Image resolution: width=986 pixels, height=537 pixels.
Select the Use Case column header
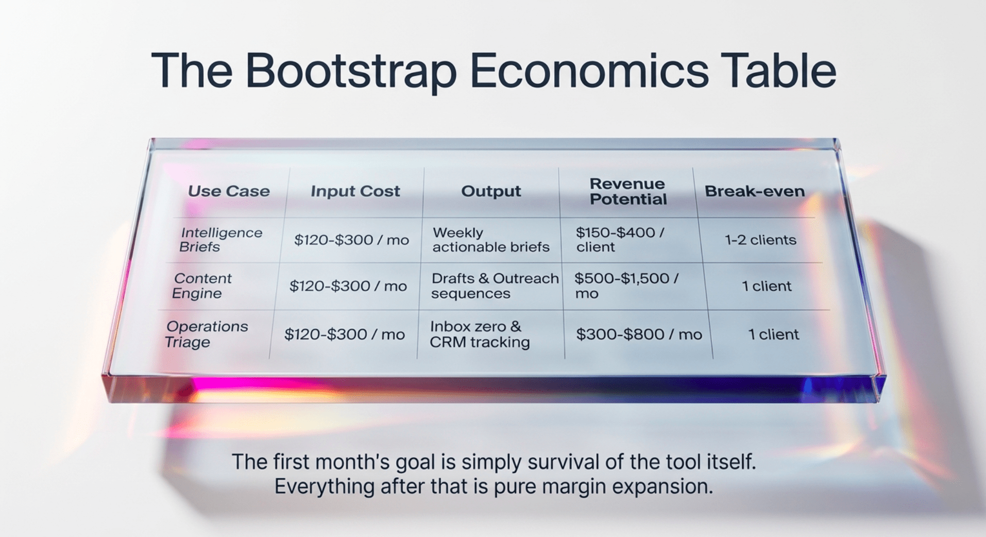[229, 191]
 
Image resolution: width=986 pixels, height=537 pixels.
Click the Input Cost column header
[355, 191]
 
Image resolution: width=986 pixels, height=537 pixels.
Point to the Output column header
[491, 191]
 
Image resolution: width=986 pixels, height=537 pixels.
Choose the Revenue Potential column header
[628, 191]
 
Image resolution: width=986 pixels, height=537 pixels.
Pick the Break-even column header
[755, 191]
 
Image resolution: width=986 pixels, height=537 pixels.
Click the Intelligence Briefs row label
[221, 240]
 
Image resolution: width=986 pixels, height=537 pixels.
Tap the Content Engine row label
[201, 286]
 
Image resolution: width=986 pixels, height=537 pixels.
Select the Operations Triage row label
[206, 334]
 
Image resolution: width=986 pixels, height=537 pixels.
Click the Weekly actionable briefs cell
[491, 240]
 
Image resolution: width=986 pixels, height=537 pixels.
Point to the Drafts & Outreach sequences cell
[495, 286]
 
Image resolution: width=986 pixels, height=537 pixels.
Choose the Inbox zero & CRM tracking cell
[480, 334]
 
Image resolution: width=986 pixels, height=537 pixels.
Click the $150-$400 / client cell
[620, 240]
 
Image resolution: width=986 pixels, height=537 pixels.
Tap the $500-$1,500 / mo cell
[626, 286]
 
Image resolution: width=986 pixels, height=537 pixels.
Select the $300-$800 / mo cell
[639, 334]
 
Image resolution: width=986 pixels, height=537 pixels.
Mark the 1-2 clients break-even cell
[760, 240]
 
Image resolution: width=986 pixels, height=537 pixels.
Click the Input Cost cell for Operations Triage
[345, 334]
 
